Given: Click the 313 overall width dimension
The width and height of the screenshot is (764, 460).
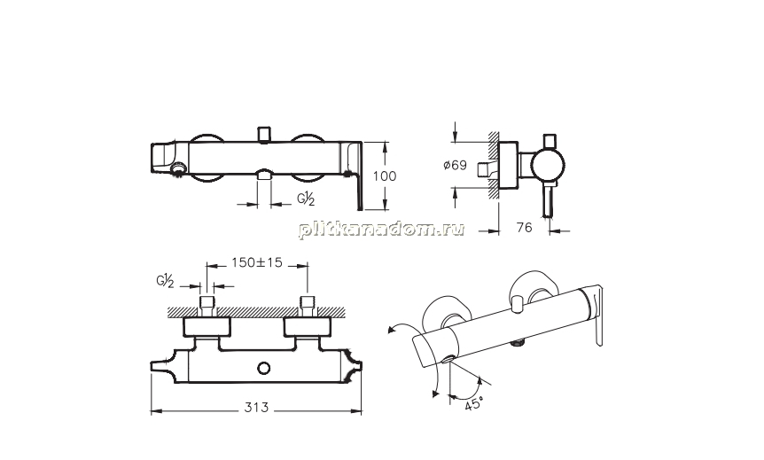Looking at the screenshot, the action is (x=256, y=408).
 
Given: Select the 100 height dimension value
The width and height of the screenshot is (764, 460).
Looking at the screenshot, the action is (x=385, y=175).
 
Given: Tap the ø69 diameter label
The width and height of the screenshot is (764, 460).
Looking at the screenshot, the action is (x=455, y=165).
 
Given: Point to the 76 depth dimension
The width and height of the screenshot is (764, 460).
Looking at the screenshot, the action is (x=524, y=228).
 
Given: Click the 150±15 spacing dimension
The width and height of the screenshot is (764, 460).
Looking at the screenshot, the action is (x=257, y=262).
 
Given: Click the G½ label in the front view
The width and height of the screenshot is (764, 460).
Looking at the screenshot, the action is (x=306, y=199).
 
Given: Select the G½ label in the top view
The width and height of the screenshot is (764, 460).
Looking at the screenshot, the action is (x=165, y=281).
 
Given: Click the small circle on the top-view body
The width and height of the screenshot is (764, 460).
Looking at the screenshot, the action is (x=265, y=368).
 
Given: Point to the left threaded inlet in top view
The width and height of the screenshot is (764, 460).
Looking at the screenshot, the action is (x=207, y=307).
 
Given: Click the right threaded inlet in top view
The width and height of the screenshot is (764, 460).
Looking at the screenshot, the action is (x=308, y=307).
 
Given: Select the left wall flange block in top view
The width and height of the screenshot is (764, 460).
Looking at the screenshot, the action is (x=207, y=327).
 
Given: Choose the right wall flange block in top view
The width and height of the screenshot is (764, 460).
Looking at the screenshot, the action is (x=308, y=327).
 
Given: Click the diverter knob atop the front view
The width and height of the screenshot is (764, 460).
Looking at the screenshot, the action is (x=265, y=135).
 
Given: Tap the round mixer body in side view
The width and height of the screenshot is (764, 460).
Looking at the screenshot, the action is (x=548, y=165).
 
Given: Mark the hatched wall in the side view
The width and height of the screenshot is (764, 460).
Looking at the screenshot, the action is (x=493, y=165).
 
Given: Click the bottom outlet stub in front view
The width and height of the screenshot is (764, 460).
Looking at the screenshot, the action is (x=265, y=175).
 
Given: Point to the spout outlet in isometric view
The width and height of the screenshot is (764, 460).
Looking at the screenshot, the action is (x=448, y=361).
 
